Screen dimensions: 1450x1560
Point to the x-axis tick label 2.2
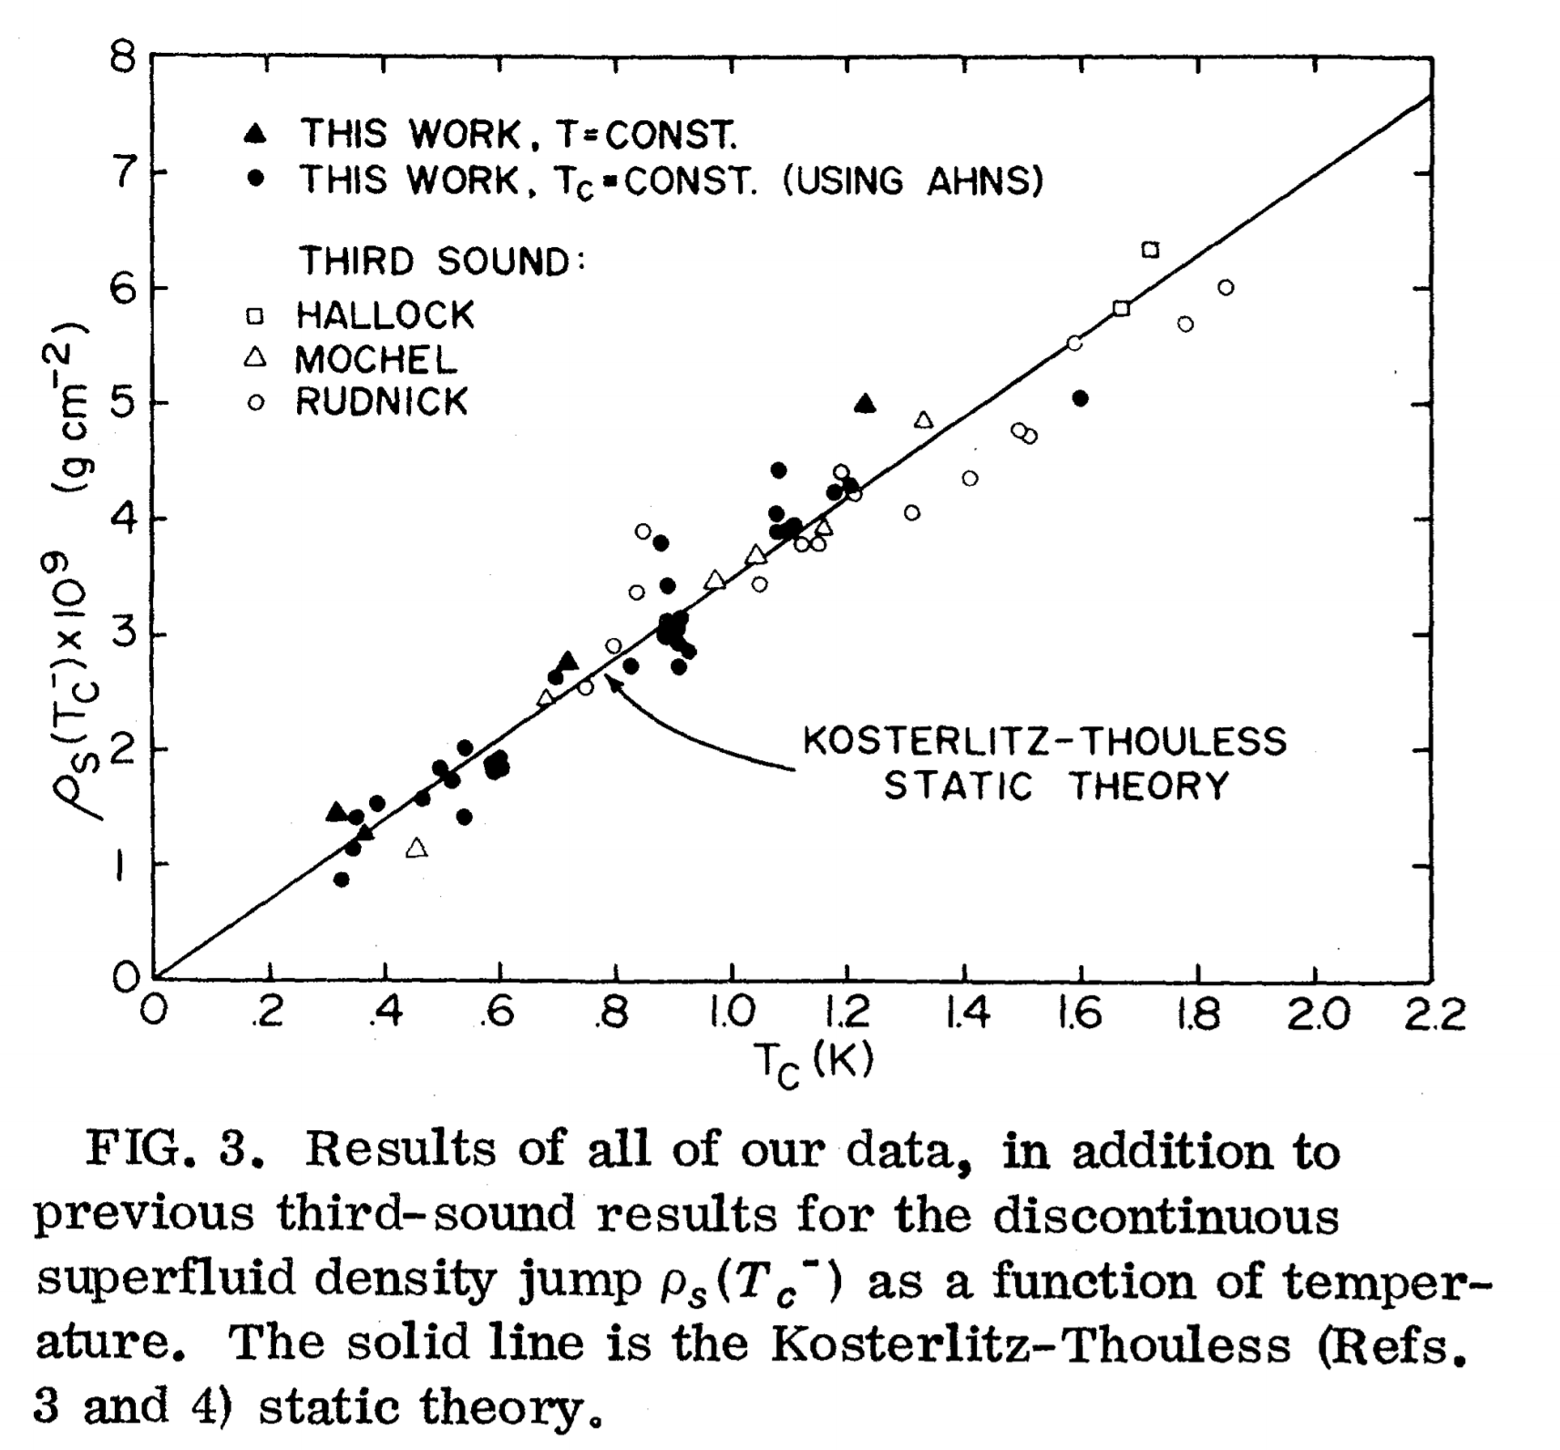coord(1432,1014)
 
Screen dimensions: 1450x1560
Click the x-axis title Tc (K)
coord(814,1063)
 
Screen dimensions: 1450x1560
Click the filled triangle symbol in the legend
coord(256,134)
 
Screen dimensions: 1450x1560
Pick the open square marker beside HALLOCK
coord(256,315)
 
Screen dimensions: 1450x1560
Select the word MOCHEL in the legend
coord(375,360)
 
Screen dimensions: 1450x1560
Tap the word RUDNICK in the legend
coord(381,402)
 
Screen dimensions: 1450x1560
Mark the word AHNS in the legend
coord(983,181)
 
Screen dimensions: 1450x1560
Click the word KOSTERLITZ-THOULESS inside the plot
coord(1044,741)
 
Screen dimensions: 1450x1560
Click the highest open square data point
coord(1150,250)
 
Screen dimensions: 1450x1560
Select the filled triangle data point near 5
coord(865,404)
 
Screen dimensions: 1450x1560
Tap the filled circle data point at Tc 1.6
coord(1081,398)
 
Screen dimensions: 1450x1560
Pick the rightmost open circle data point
coord(1226,288)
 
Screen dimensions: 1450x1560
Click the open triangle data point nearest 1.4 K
coord(924,420)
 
